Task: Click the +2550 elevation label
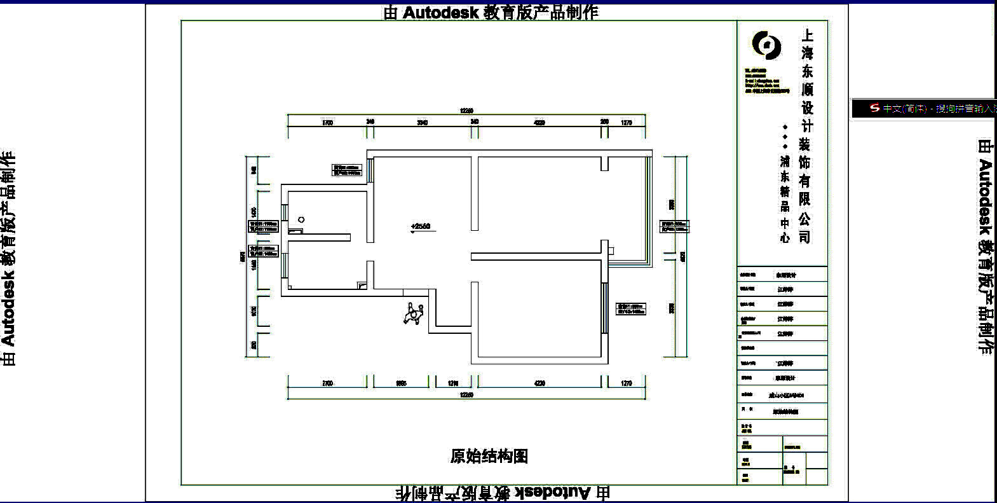tap(421, 226)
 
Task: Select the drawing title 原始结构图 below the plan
tap(489, 456)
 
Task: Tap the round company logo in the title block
tap(766, 45)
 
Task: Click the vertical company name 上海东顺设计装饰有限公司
tap(805, 136)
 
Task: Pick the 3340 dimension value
tap(423, 123)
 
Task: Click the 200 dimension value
tap(604, 121)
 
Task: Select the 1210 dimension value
tap(453, 383)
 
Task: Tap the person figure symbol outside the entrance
tap(414, 314)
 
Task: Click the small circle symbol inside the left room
tap(301, 219)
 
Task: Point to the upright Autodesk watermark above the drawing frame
tap(491, 12)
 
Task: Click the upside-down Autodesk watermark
tap(502, 493)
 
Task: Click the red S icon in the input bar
tap(875, 108)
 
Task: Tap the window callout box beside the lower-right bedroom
tap(630, 309)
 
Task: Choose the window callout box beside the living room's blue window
tap(346, 170)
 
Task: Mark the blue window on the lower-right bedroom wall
tap(604, 308)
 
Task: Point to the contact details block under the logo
tap(766, 81)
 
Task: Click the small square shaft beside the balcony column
tap(611, 251)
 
